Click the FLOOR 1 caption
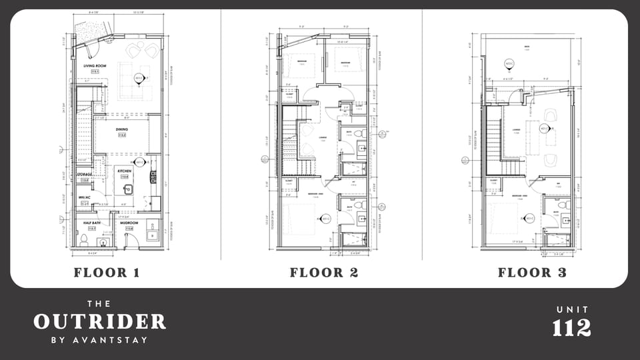[x=111, y=272]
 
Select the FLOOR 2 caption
[x=324, y=272]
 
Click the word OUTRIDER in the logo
[x=99, y=322]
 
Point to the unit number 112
[x=571, y=327]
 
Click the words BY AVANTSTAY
[x=99, y=340]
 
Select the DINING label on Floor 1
[x=121, y=131]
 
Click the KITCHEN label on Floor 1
[x=124, y=171]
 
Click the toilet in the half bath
[x=84, y=237]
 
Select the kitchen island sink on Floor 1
[x=129, y=189]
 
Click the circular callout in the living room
[x=139, y=78]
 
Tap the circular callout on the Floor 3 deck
[x=509, y=64]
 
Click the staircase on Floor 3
[x=494, y=137]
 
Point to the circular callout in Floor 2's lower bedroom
[x=326, y=218]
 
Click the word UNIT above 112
[x=571, y=310]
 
